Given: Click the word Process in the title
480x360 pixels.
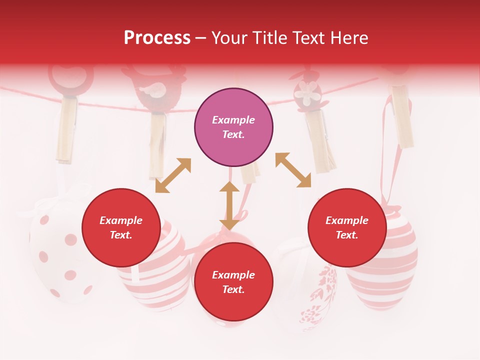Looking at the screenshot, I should (x=157, y=38).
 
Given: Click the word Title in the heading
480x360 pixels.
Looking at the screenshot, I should (x=268, y=38).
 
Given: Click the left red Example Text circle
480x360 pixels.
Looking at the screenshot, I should (x=121, y=227).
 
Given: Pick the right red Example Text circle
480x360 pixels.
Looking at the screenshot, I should (x=347, y=227).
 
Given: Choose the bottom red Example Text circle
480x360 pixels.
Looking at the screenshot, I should (x=233, y=282).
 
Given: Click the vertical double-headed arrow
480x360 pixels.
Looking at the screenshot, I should (x=229, y=205).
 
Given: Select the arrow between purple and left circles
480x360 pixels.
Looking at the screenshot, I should (x=173, y=175).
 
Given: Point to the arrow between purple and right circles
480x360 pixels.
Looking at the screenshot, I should (x=293, y=170).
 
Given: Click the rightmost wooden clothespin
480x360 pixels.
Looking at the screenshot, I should (x=402, y=117).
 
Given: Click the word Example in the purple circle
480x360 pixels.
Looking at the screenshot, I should (x=233, y=120).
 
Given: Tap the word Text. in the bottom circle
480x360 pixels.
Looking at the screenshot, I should (x=233, y=289).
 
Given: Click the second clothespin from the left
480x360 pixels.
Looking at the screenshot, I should (x=157, y=137).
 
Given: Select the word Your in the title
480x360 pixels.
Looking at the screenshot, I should (x=228, y=38).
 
